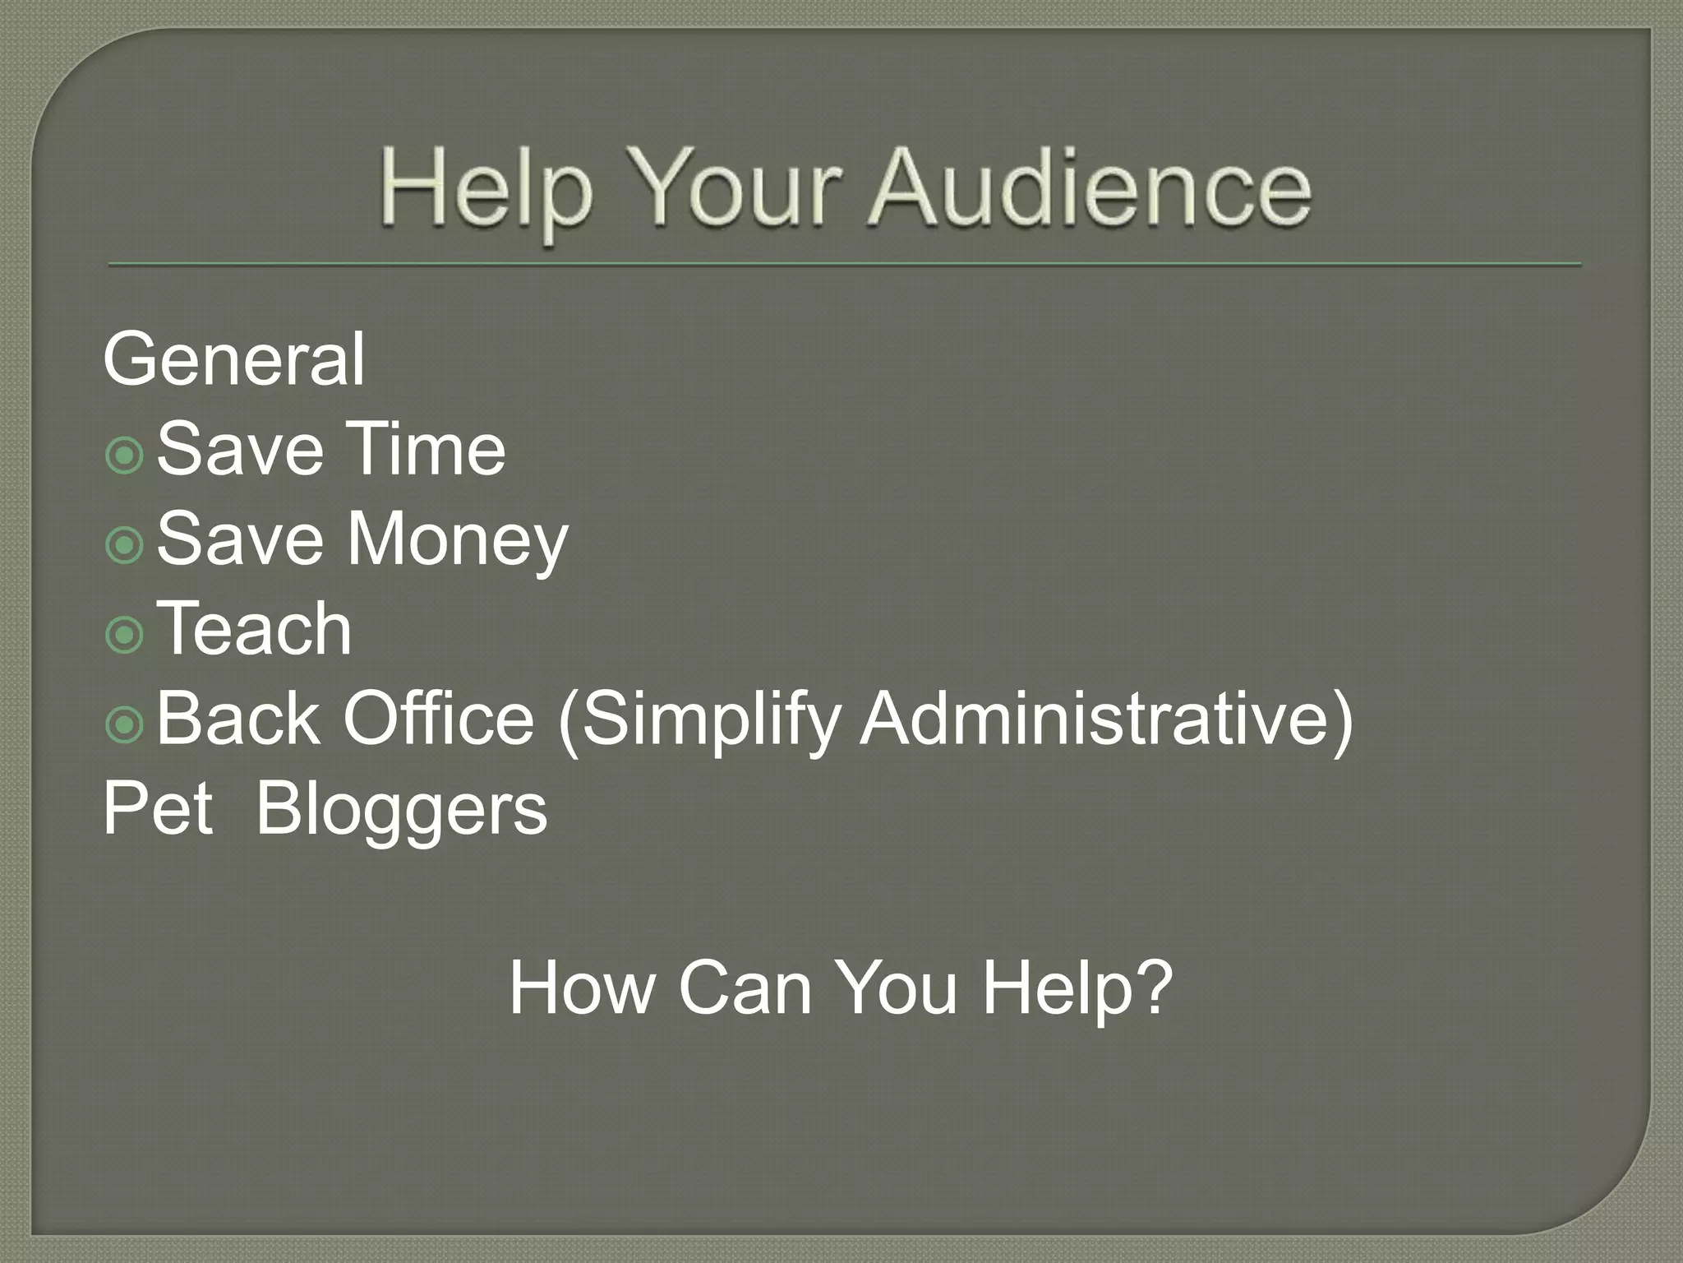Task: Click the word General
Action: click(233, 359)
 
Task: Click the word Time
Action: click(424, 449)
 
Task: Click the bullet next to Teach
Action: click(125, 634)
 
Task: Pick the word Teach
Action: click(254, 628)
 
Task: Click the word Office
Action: click(439, 719)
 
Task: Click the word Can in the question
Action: click(745, 988)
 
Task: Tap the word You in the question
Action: click(899, 988)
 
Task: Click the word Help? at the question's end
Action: click(1077, 988)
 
